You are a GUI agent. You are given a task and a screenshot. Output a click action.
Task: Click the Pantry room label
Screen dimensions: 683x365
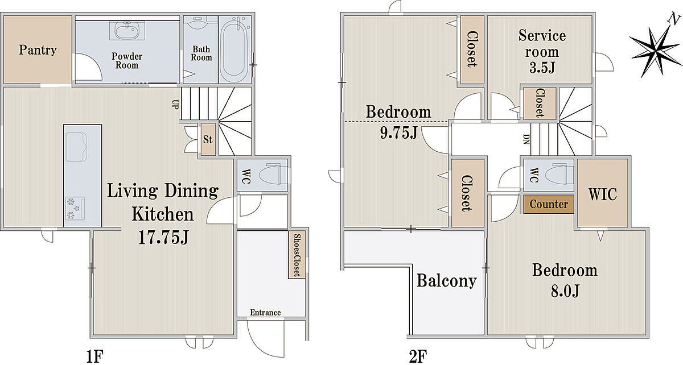tap(38, 50)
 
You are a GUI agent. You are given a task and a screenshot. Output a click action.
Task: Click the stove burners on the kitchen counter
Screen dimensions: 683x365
tap(75, 208)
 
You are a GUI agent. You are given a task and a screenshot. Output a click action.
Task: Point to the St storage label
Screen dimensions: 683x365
tap(208, 139)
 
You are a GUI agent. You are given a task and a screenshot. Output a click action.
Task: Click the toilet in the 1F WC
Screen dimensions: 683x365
tap(273, 175)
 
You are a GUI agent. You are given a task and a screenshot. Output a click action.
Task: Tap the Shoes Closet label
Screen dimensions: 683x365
tap(297, 255)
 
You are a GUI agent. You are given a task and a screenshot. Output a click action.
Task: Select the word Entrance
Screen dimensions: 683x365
tap(265, 313)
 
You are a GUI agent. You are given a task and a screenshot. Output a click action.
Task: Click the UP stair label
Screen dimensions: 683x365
tap(175, 105)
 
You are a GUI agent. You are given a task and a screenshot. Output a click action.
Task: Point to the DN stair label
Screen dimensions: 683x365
tap(526, 139)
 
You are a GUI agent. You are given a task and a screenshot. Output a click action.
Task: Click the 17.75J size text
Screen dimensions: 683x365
tap(164, 237)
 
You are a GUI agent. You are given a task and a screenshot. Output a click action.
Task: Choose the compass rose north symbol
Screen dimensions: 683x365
tap(656, 49)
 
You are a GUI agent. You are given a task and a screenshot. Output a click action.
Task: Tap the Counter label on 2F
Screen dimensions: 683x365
tap(549, 204)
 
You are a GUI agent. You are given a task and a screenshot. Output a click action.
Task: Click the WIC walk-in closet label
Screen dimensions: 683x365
tap(603, 194)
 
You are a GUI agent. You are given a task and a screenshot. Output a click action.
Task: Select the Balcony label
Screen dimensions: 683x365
tap(447, 281)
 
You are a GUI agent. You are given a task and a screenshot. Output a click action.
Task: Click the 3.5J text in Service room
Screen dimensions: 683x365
tap(542, 68)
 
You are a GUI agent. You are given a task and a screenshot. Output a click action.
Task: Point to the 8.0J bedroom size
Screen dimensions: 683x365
tap(565, 291)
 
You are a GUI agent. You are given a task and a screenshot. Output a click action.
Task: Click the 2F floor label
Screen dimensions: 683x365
tap(418, 356)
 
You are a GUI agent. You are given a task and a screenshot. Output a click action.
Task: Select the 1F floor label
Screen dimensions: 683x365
tap(95, 356)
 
